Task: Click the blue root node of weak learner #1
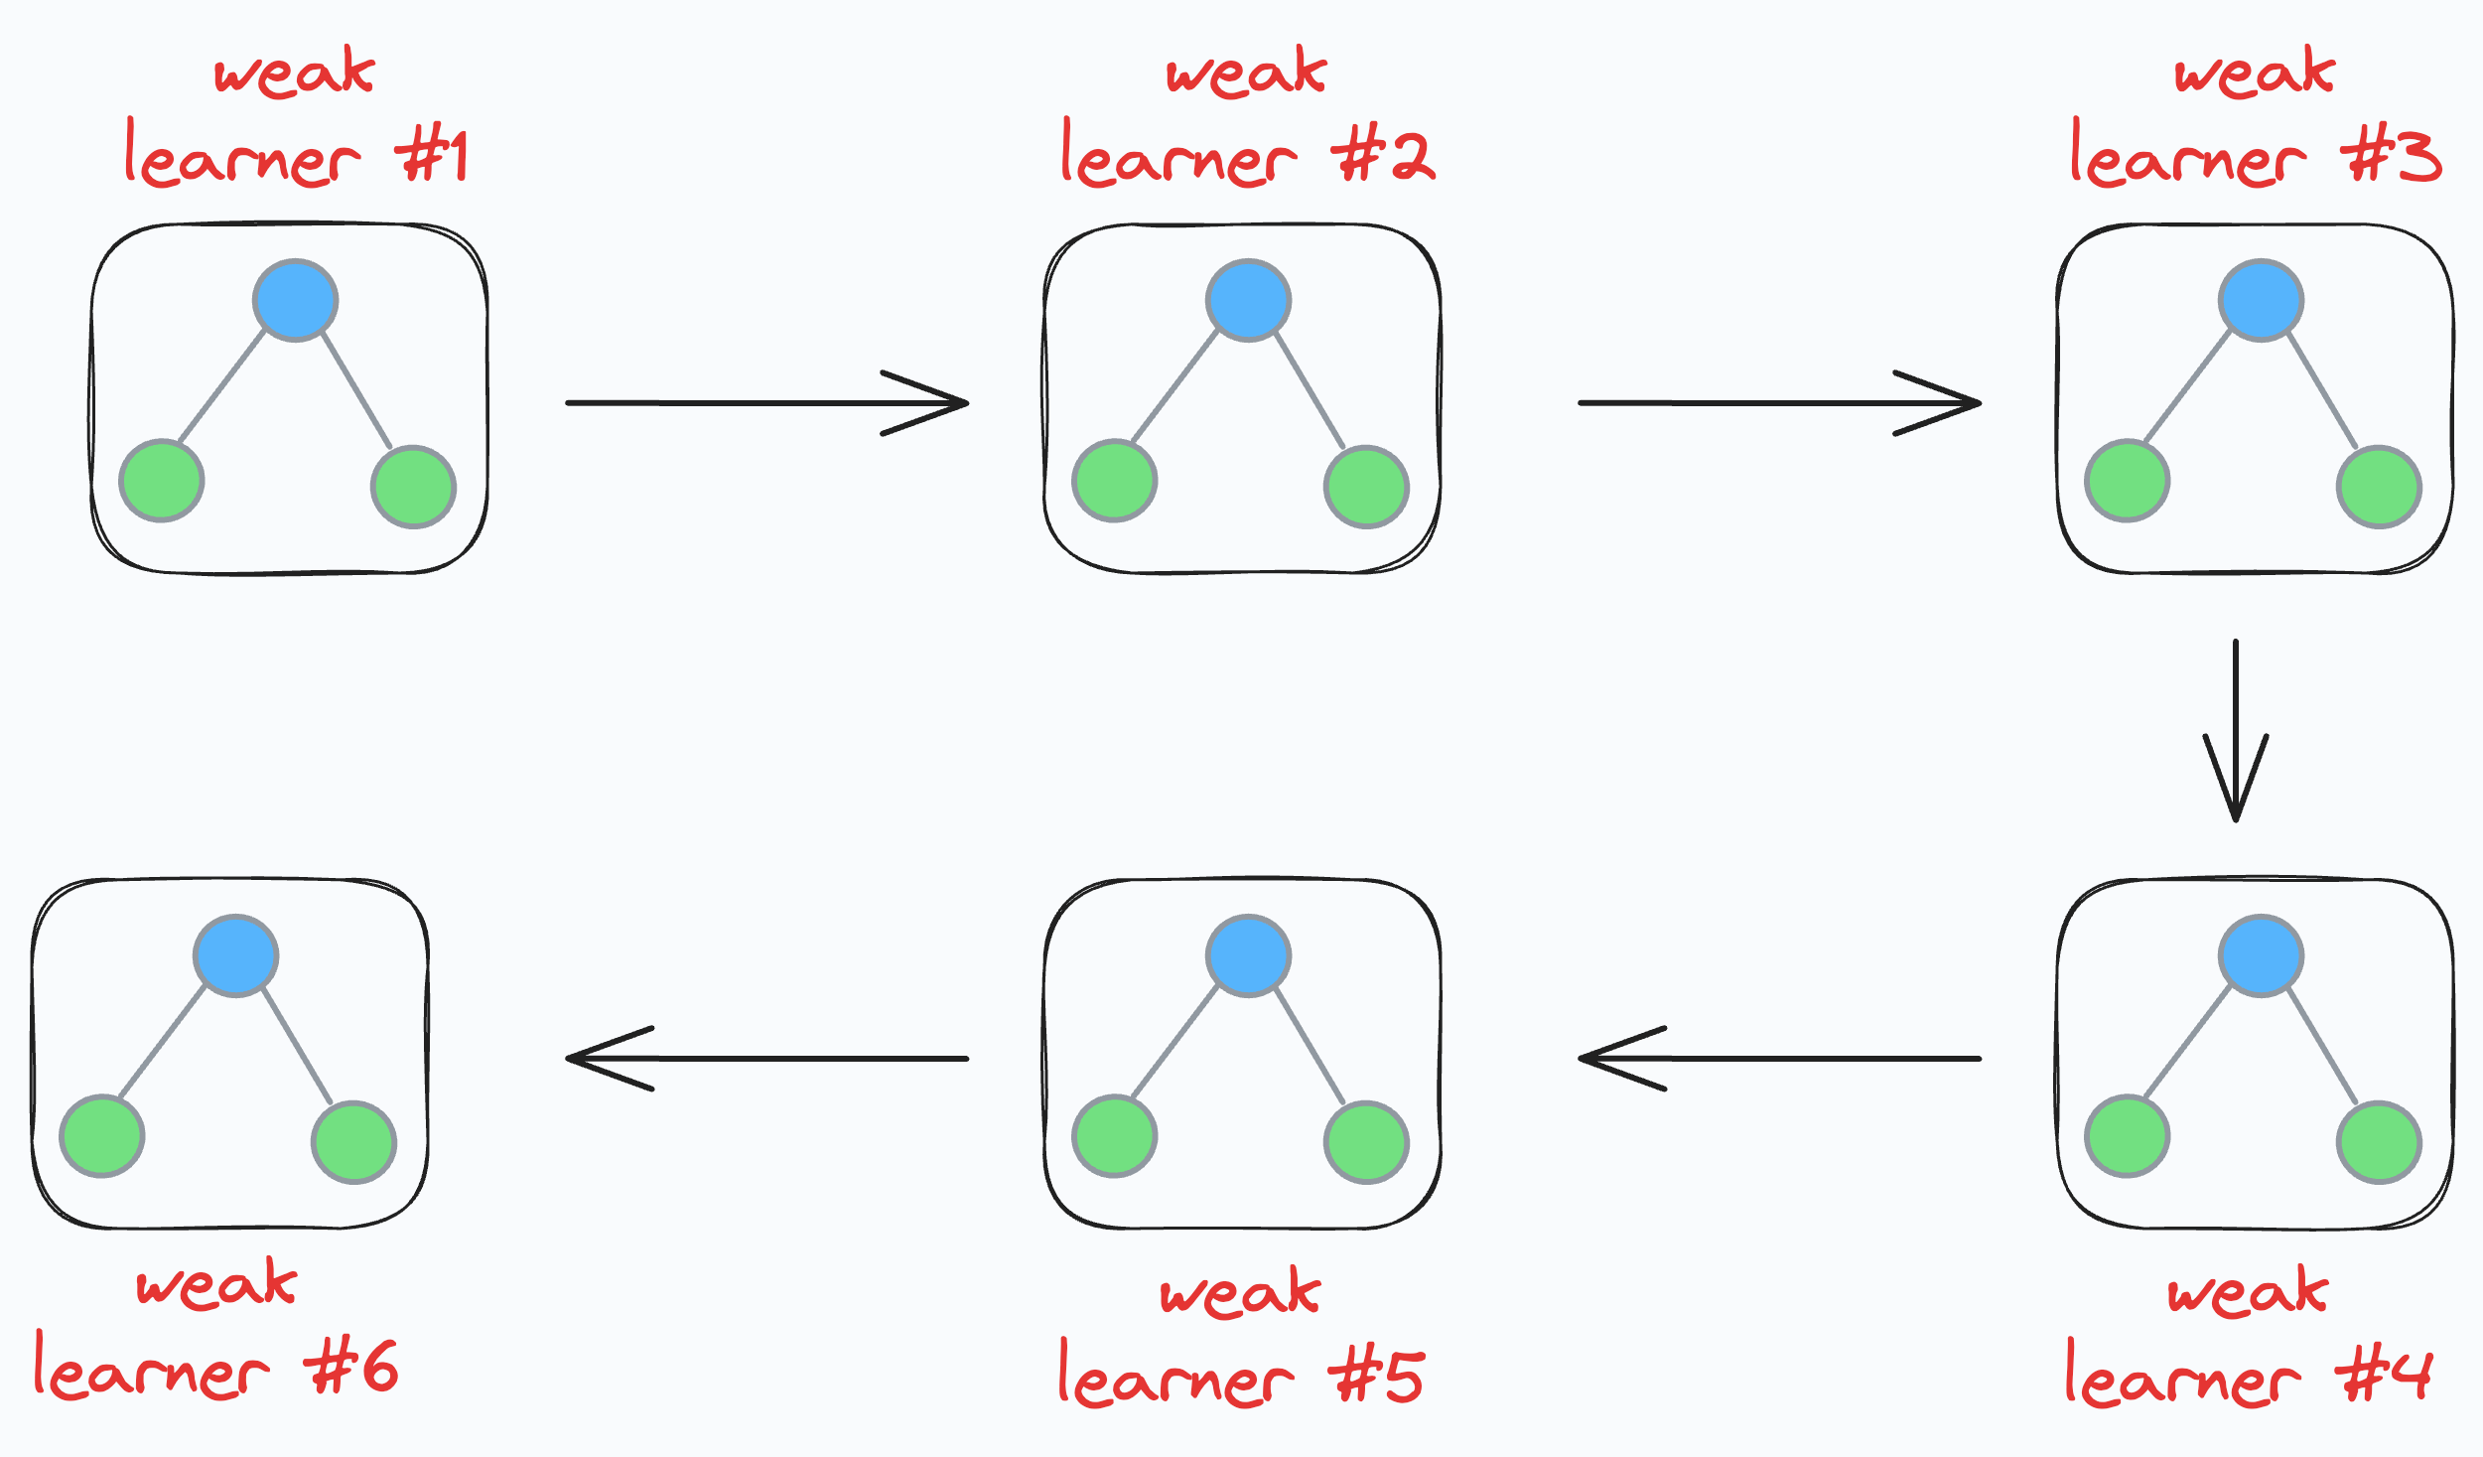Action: (296, 300)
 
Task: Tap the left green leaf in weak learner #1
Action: (162, 481)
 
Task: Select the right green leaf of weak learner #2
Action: (1366, 487)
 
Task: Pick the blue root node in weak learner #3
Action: (2262, 300)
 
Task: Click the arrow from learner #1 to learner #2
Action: (766, 403)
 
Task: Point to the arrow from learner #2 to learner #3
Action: (1779, 403)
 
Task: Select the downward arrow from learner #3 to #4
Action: (2236, 730)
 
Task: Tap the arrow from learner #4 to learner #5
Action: (1779, 1059)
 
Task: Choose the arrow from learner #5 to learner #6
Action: (766, 1059)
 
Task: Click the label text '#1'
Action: (432, 157)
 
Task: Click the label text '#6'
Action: (353, 1368)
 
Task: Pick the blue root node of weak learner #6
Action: (236, 955)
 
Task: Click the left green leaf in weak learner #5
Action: (1115, 1136)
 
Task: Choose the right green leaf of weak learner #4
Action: (2379, 1142)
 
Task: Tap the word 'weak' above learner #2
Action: (1247, 72)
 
